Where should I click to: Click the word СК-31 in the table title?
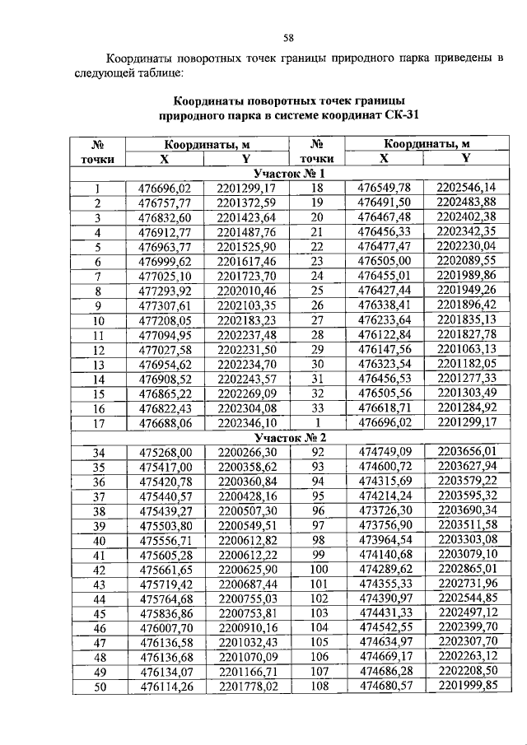401,115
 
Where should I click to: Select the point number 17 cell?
97,423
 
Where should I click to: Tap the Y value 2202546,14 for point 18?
466,188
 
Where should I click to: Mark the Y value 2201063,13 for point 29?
466,349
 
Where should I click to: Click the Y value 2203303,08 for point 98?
466,540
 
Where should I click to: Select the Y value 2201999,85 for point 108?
466,687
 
